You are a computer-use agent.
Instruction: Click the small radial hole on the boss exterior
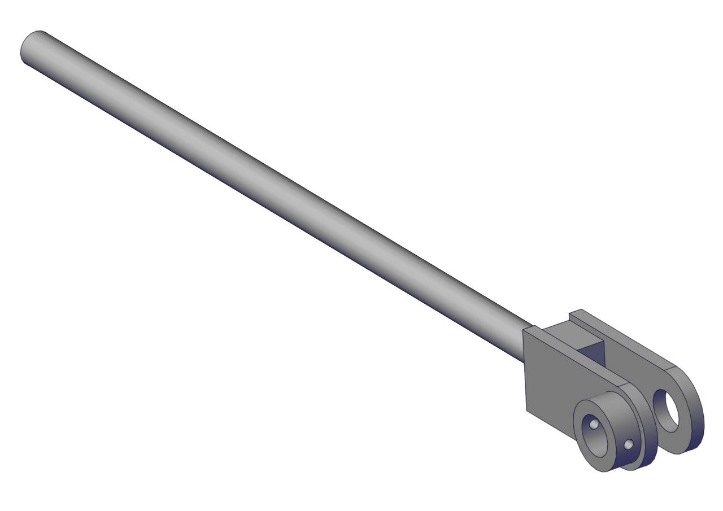[628, 446]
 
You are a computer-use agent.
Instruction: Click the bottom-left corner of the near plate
[527, 410]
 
